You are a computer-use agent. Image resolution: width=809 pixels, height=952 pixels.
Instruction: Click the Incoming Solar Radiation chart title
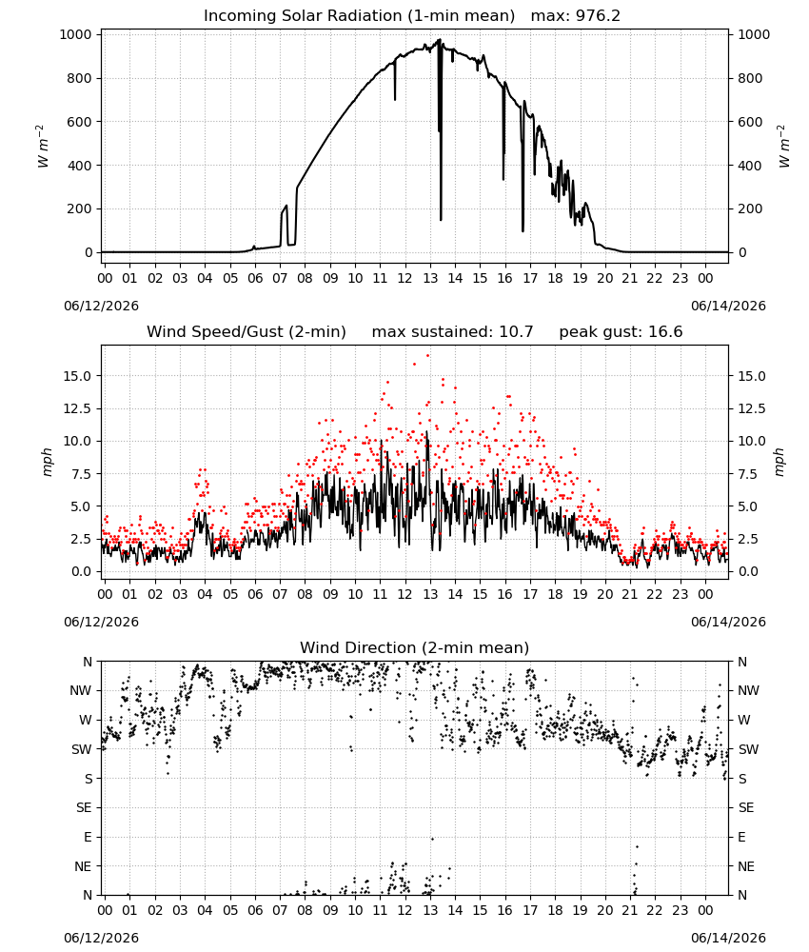359,16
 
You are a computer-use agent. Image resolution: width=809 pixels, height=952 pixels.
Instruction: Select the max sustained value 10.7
516,331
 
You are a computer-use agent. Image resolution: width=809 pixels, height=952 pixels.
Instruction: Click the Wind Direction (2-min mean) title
415,647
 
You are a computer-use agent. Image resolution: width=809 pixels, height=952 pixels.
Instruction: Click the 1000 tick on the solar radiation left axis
76,34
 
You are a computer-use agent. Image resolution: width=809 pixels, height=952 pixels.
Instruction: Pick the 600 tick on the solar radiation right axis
750,122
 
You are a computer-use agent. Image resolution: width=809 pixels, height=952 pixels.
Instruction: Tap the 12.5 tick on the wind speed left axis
78,408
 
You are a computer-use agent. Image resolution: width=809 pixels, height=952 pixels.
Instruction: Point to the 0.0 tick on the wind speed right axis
748,571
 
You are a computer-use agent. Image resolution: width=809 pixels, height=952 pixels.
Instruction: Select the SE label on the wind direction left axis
85,807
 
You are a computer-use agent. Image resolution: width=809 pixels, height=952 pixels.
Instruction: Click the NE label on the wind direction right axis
746,866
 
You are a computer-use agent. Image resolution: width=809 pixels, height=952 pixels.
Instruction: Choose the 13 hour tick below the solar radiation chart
430,278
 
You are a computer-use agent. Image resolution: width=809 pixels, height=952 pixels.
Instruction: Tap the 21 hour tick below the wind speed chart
630,594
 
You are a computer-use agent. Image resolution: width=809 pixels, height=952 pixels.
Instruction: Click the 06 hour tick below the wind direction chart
255,910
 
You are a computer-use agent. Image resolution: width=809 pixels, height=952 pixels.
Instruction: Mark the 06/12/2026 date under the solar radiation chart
101,306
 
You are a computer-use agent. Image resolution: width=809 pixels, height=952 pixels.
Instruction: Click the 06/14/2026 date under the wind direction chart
728,938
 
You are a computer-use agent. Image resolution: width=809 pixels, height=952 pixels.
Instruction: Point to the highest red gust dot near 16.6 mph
428,355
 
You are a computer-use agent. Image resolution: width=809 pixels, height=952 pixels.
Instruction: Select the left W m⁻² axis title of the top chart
43,147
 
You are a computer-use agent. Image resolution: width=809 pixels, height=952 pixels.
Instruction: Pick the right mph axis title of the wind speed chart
779,462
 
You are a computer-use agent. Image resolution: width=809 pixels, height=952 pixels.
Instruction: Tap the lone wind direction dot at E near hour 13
432,839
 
